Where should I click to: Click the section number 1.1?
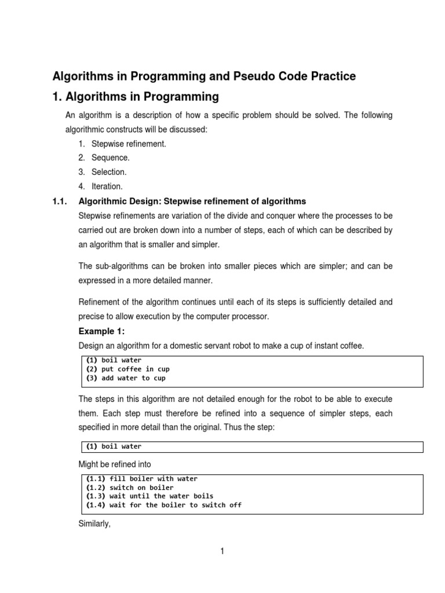[x=60, y=201]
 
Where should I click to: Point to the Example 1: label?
[x=101, y=331]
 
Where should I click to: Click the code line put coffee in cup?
[x=127, y=369]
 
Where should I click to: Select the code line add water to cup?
[x=126, y=378]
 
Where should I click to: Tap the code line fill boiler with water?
[x=141, y=479]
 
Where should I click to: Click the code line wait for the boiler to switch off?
[x=163, y=505]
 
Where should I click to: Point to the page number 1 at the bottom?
[x=222, y=551]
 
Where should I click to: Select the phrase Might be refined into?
[x=114, y=464]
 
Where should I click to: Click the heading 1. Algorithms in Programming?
[x=136, y=97]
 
